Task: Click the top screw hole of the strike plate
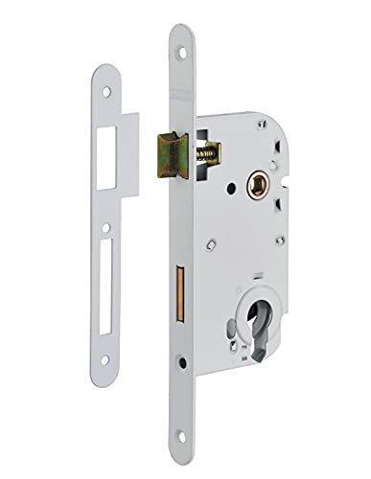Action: pyautogui.click(x=106, y=93)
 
